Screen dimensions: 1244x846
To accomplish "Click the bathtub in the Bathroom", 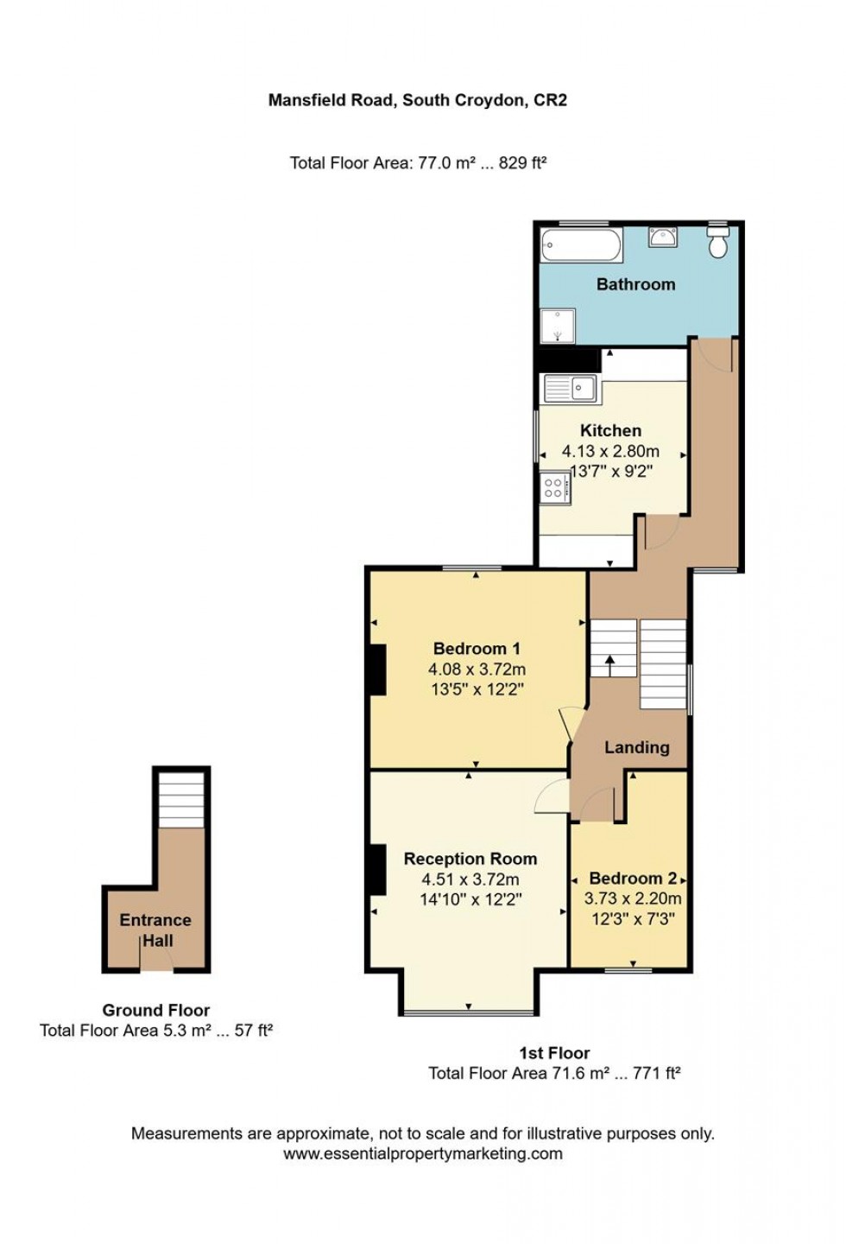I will (x=580, y=245).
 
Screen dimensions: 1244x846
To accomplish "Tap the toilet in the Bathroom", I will (x=717, y=243).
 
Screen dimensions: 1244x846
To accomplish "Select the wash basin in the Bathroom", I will (x=663, y=236).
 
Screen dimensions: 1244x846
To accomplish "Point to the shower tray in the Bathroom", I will (x=558, y=326).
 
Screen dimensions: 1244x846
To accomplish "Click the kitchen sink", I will (x=570, y=390).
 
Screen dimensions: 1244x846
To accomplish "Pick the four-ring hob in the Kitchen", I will (x=553, y=488).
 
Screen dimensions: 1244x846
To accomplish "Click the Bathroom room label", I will (x=635, y=284).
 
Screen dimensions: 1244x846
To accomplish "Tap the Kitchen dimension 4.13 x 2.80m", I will (x=610, y=451).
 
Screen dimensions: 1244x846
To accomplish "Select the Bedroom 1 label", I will (x=477, y=649).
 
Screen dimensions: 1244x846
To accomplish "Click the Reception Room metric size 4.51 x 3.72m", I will (x=470, y=879).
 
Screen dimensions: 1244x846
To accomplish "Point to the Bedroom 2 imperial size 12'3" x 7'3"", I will (x=633, y=919).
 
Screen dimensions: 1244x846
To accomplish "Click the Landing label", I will (x=636, y=747).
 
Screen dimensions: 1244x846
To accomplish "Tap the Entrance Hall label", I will (x=155, y=930).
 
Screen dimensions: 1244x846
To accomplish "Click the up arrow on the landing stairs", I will (x=610, y=663).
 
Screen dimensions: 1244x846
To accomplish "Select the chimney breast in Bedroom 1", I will (x=377, y=670).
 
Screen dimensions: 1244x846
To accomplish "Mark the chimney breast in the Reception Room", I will (x=377, y=869).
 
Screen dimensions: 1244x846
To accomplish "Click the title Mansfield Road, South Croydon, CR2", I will (x=418, y=100).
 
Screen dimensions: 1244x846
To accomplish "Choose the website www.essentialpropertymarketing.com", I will (x=423, y=1154).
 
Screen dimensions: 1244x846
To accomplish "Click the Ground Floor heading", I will (x=156, y=1010).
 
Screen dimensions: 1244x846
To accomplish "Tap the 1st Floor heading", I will (x=554, y=1053).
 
